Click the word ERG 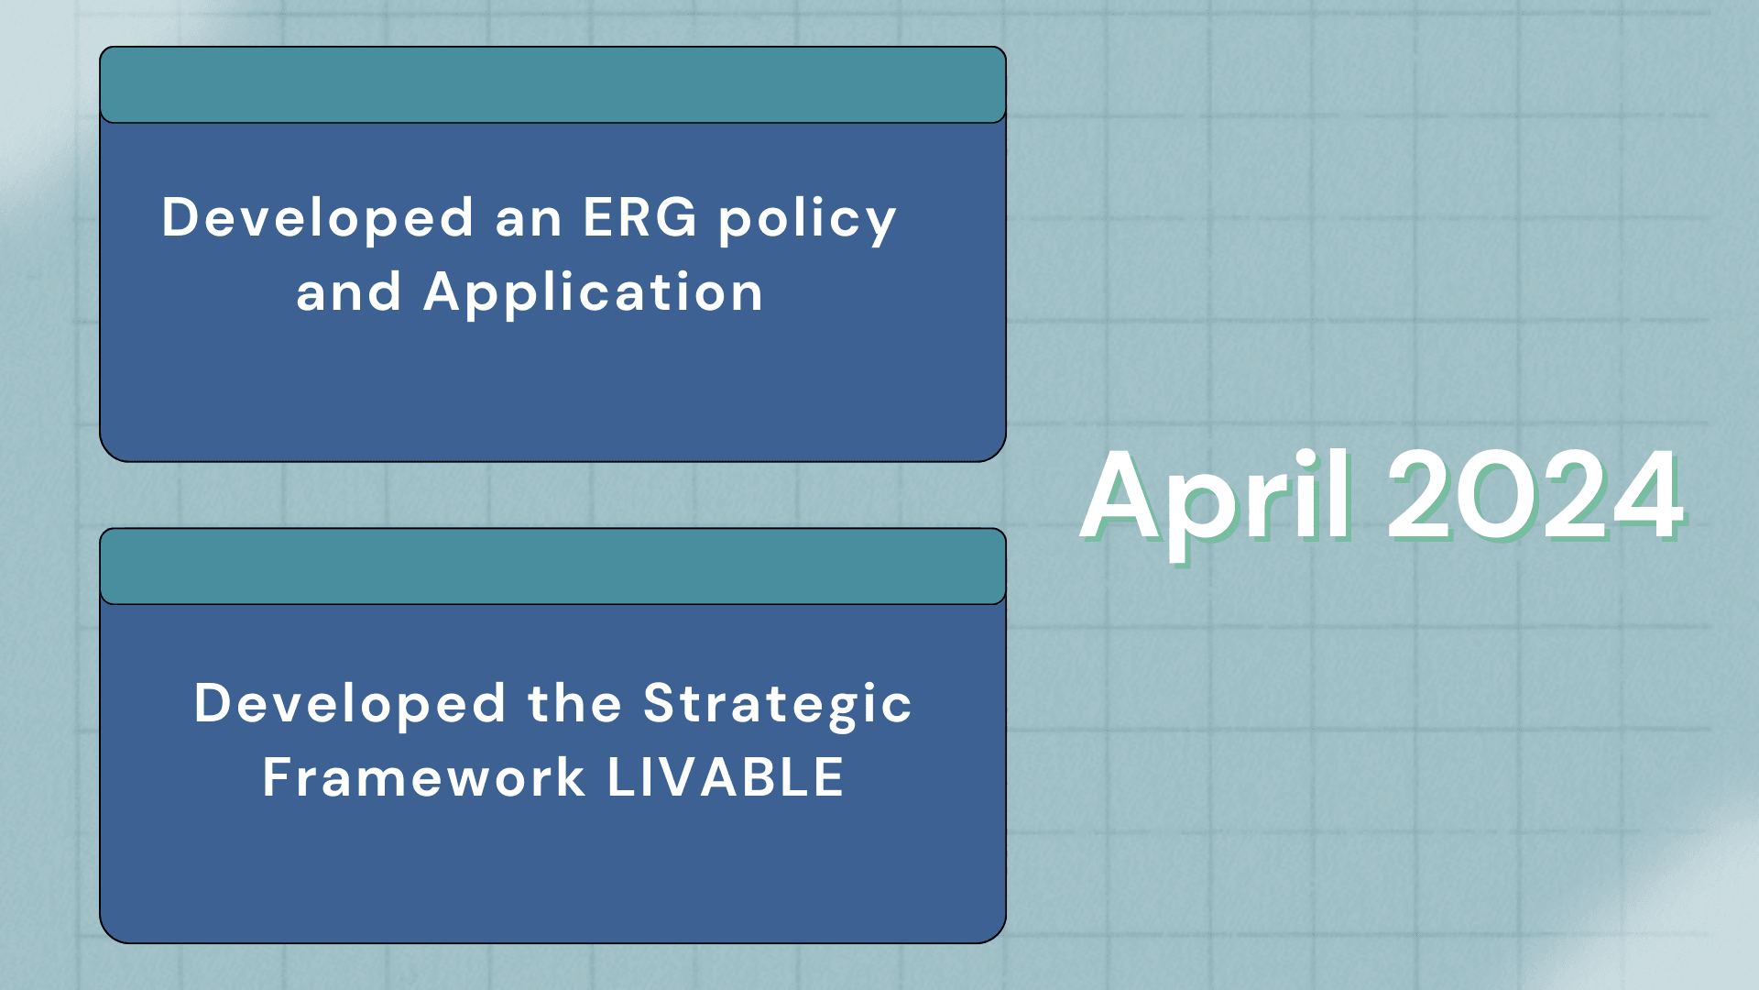pos(639,217)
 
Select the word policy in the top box pos(807,221)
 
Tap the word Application pos(594,294)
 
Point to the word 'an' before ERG pos(529,222)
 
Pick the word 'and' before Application pos(349,292)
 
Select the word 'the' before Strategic pos(575,703)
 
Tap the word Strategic pos(778,706)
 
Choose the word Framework pos(424,777)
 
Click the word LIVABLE pos(726,777)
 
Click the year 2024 pos(1535,497)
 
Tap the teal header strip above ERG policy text pos(552,84)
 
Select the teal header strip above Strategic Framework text pos(552,566)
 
